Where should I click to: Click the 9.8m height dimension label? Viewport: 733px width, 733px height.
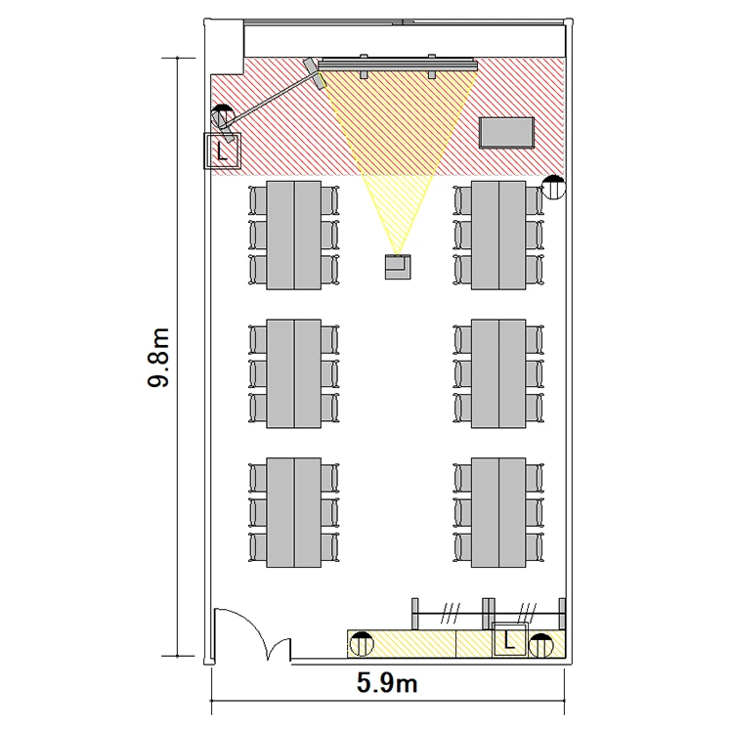tap(158, 357)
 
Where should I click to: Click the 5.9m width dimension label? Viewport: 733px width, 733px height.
tap(387, 683)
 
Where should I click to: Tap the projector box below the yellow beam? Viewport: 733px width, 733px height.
tap(398, 267)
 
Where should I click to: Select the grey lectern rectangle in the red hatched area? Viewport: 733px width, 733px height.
tap(506, 133)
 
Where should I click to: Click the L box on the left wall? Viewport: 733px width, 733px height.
tap(222, 151)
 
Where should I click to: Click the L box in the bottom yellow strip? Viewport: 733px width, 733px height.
tap(509, 640)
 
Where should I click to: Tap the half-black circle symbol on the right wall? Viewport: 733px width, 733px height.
tap(553, 187)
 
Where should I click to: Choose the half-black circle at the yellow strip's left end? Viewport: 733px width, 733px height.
tap(362, 644)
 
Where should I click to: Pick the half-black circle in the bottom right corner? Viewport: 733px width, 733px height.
tap(541, 646)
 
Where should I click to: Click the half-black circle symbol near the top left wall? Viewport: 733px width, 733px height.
tap(223, 116)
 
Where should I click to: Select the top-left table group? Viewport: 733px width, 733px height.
tap(293, 236)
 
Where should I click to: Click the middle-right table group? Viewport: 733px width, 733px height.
tap(498, 373)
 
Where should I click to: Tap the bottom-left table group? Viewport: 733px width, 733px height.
tap(293, 513)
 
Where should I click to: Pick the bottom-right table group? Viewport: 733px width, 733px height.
tap(498, 513)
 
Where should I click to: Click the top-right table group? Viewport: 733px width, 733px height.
tap(498, 236)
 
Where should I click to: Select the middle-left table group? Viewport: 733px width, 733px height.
tap(293, 373)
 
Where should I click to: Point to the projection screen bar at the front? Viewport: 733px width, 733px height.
tap(398, 65)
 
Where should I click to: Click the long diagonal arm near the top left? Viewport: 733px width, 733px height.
tap(271, 99)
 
